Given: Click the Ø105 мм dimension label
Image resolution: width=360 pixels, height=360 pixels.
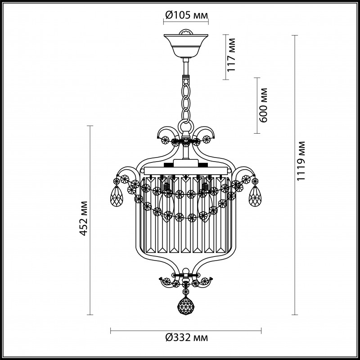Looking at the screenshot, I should tap(186, 15).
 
